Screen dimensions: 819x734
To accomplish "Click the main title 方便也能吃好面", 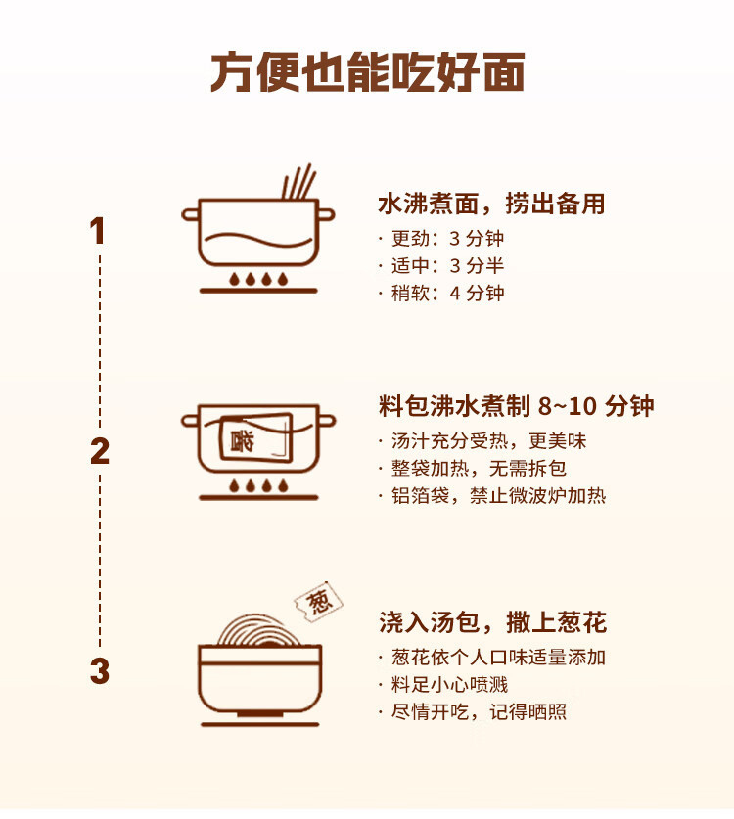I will click(367, 73).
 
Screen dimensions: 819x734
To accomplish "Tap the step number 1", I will click(97, 232).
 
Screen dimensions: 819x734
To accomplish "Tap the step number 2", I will click(99, 452).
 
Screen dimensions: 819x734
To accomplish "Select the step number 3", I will click(99, 672).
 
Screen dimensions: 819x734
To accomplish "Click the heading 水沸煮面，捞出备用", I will click(491, 204).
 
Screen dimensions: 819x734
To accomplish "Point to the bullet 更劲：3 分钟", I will click(447, 239).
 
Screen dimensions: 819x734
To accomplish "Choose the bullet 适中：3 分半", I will click(447, 266).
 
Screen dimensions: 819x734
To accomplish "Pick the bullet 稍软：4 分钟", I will click(447, 294).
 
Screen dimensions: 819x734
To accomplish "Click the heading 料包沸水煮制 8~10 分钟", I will click(516, 406).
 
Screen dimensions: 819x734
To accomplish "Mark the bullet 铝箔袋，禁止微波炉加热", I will click(498, 496).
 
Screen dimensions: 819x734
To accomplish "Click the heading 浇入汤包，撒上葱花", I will click(492, 622).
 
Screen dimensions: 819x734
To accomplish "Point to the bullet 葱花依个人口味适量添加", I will click(498, 658).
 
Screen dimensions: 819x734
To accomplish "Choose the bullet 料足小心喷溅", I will click(449, 685).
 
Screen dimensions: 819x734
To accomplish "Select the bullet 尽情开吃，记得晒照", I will click(479, 712).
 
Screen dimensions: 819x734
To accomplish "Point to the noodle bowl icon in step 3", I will click(259, 675).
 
